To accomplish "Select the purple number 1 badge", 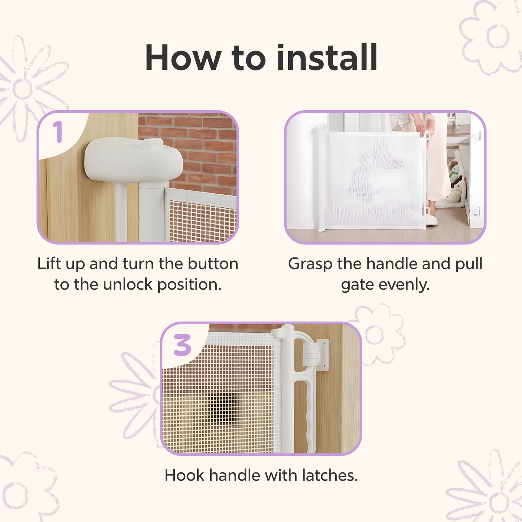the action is click(x=58, y=131).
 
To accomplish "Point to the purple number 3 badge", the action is click(x=182, y=345).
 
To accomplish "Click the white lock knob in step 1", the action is click(x=134, y=160).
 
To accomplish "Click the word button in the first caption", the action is click(x=213, y=264).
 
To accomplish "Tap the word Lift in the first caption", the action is click(x=49, y=264).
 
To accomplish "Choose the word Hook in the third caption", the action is click(x=185, y=475).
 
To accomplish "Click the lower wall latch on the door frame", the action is click(x=477, y=211).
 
